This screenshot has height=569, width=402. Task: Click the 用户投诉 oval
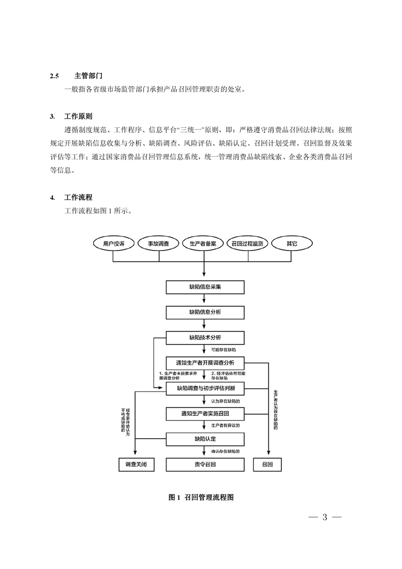click(x=113, y=243)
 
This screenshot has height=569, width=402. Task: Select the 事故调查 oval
click(x=159, y=243)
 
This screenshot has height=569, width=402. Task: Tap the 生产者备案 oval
click(x=203, y=243)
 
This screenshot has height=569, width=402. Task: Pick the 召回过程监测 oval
click(x=247, y=243)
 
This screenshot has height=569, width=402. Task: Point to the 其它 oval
click(x=291, y=243)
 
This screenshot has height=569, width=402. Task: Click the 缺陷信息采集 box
click(x=205, y=287)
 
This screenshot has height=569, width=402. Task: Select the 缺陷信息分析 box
click(x=205, y=312)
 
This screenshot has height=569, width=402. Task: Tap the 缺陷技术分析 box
click(x=205, y=337)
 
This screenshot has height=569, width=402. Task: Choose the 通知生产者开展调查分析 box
click(x=205, y=363)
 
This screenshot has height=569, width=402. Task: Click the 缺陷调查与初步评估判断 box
click(x=205, y=388)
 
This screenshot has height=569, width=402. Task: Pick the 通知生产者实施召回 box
click(x=205, y=413)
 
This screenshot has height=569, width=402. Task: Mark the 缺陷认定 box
click(x=205, y=438)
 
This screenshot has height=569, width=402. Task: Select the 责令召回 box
click(x=205, y=464)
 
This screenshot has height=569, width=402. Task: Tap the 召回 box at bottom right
click(x=268, y=464)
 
